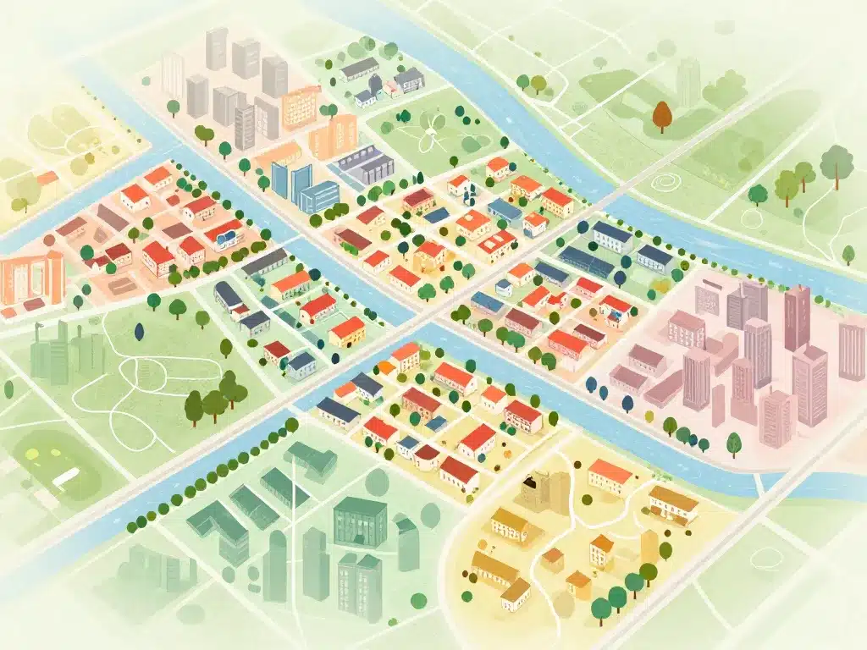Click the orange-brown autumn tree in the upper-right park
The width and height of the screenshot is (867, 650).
pyautogui.click(x=662, y=116)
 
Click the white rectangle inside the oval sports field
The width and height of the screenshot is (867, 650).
pyautogui.click(x=65, y=477)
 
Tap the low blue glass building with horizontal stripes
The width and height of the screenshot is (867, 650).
pyautogui.click(x=318, y=197)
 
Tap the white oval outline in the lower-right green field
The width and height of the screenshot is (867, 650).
pyautogui.click(x=766, y=558)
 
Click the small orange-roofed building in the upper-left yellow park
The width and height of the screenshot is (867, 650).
pyautogui.click(x=47, y=179)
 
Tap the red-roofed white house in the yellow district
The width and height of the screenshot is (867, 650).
pyautogui.click(x=610, y=476)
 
